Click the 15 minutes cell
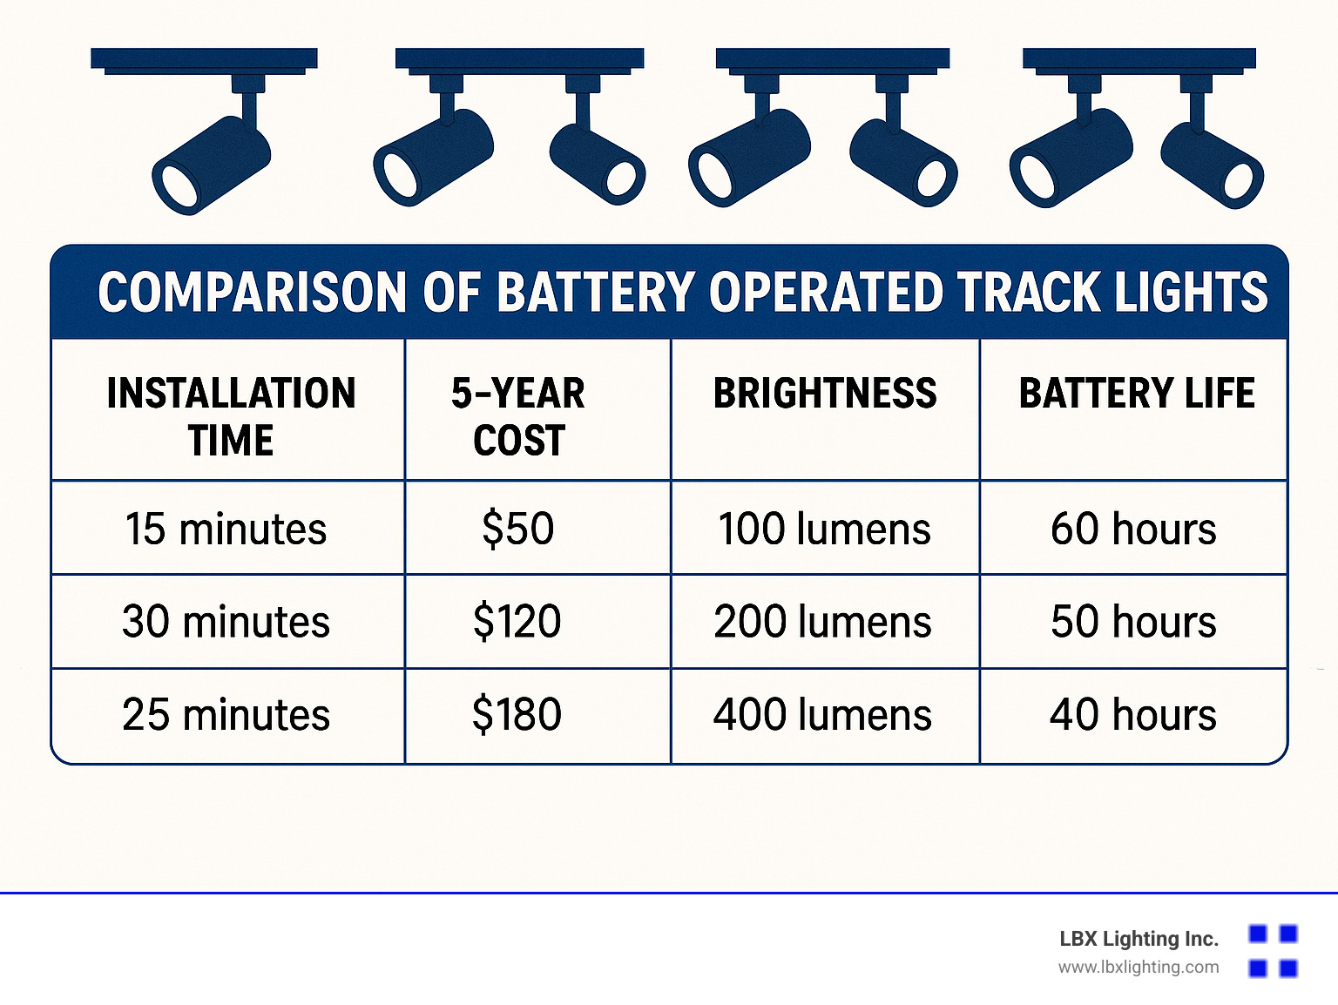(226, 528)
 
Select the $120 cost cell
(517, 621)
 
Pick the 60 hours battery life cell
(1133, 528)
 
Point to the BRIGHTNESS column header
(825, 393)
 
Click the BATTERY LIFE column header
(1137, 393)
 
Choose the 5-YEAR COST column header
(518, 416)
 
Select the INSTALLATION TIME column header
(231, 416)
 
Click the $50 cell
(517, 528)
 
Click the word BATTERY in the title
(595, 292)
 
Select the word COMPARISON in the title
(252, 292)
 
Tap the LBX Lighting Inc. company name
(1139, 939)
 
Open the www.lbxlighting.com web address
(1139, 968)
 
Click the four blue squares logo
(1274, 951)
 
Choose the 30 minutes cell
(226, 621)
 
